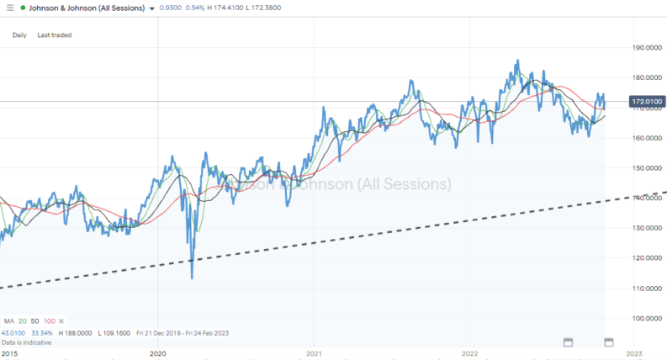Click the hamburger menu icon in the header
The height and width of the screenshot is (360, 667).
coord(8,8)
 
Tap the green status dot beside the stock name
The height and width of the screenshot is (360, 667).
coord(23,8)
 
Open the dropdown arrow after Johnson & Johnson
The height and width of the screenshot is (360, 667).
coord(151,8)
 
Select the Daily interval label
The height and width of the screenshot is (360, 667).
coord(19,35)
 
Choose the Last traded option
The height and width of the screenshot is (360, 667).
coord(54,35)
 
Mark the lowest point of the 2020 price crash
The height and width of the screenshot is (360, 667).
coord(192,278)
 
